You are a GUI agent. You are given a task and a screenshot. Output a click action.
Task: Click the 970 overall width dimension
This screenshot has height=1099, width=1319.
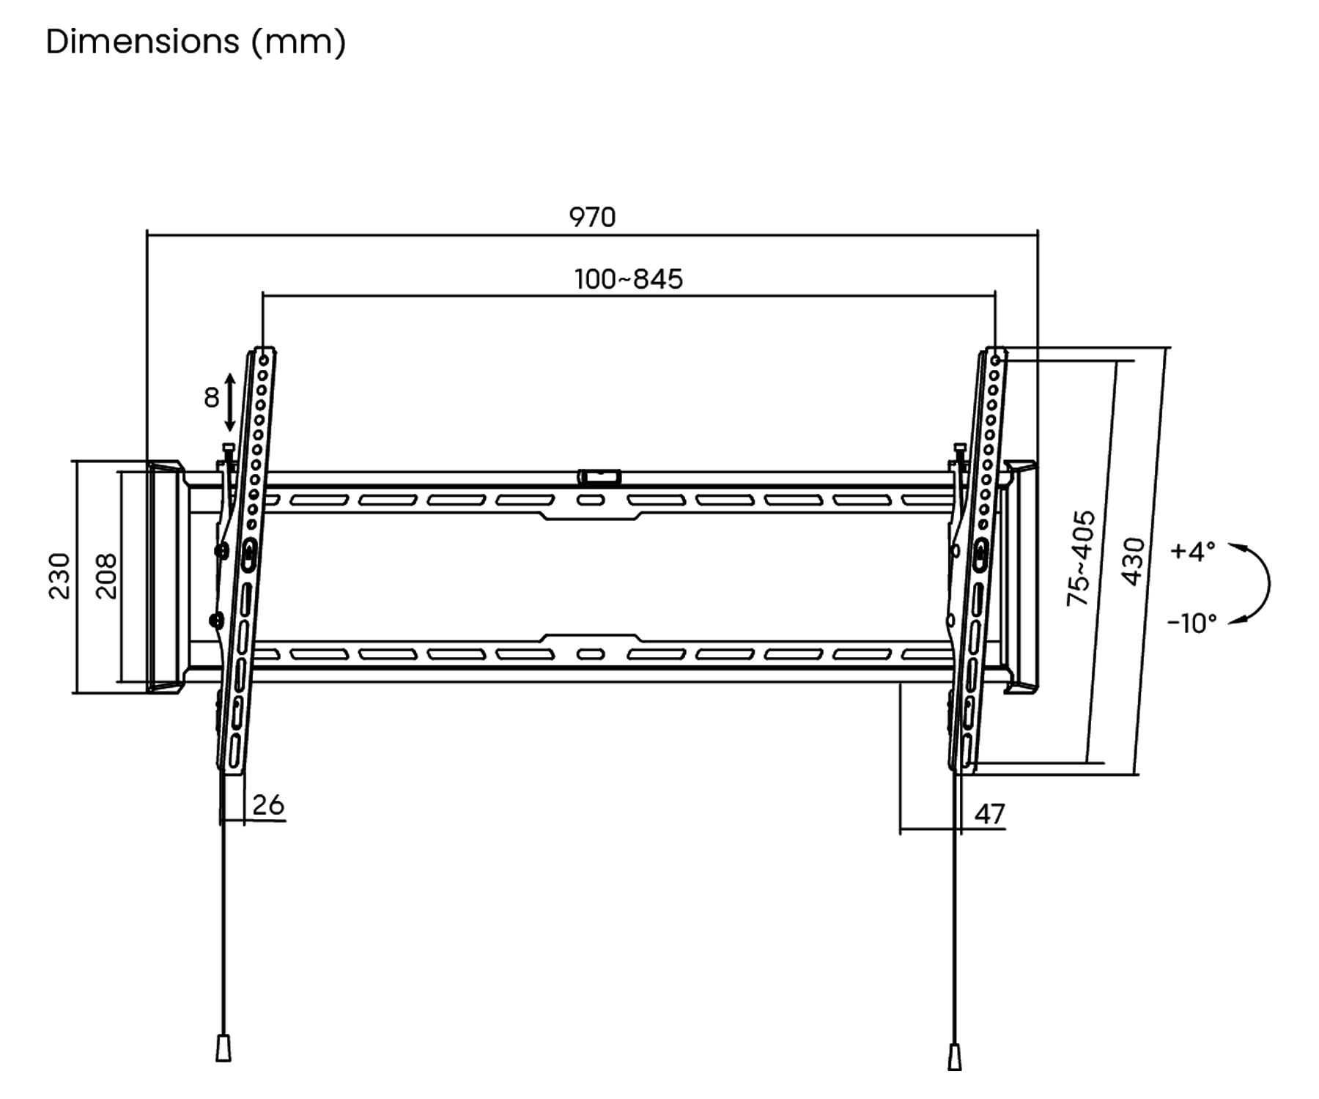point(592,217)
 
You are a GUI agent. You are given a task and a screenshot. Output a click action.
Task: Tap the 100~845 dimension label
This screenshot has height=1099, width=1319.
point(629,279)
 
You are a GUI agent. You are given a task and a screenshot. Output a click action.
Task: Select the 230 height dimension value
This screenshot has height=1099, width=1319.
point(59,577)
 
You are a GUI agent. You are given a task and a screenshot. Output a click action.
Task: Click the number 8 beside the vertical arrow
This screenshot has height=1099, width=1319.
point(211,398)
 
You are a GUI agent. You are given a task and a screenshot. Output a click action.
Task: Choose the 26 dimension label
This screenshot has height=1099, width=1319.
point(268,804)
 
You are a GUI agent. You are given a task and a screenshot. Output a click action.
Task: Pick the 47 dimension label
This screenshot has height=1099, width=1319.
point(990,815)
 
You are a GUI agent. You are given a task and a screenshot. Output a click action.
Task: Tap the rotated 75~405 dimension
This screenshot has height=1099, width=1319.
point(1081,558)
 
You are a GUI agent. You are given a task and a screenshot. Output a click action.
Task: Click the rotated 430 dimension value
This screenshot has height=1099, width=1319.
point(1133,562)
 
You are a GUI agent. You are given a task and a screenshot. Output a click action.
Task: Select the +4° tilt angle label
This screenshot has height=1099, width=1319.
point(1193,551)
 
